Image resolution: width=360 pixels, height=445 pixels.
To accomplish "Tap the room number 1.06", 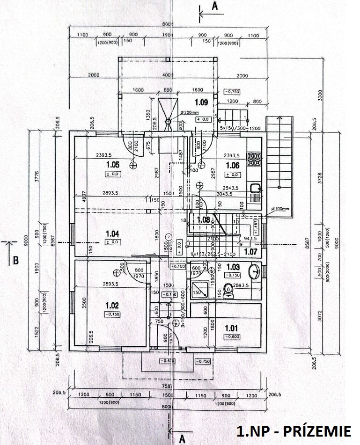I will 233,165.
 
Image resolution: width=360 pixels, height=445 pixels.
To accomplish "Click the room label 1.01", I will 232,328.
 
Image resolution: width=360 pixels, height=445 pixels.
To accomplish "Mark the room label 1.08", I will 204,219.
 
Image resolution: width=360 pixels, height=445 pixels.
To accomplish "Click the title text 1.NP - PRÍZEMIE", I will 294,430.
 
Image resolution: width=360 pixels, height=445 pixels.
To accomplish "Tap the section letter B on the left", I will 15,260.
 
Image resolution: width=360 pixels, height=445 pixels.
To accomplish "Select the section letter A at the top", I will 215,6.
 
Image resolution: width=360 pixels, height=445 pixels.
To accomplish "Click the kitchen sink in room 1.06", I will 255,188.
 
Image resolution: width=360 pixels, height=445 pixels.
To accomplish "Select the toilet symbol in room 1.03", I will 228,291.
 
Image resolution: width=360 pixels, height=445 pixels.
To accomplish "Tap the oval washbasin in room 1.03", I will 254,270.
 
